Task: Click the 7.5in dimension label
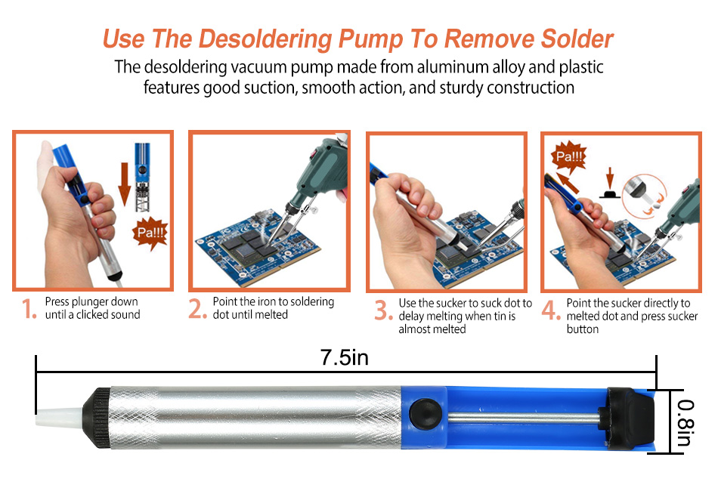point(345,357)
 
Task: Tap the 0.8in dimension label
point(686,422)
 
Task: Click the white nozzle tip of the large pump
point(59,417)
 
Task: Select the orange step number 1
point(29,309)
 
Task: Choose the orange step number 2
point(197,308)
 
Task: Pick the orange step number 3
point(383,310)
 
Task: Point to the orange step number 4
point(551,310)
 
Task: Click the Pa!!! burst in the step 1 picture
point(150,233)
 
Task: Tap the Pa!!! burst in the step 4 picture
point(568,157)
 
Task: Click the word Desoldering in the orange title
point(265,39)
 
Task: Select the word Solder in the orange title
point(577,39)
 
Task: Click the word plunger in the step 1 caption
point(90,302)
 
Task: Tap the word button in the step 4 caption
point(583,329)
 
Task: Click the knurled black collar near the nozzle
point(97,417)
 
